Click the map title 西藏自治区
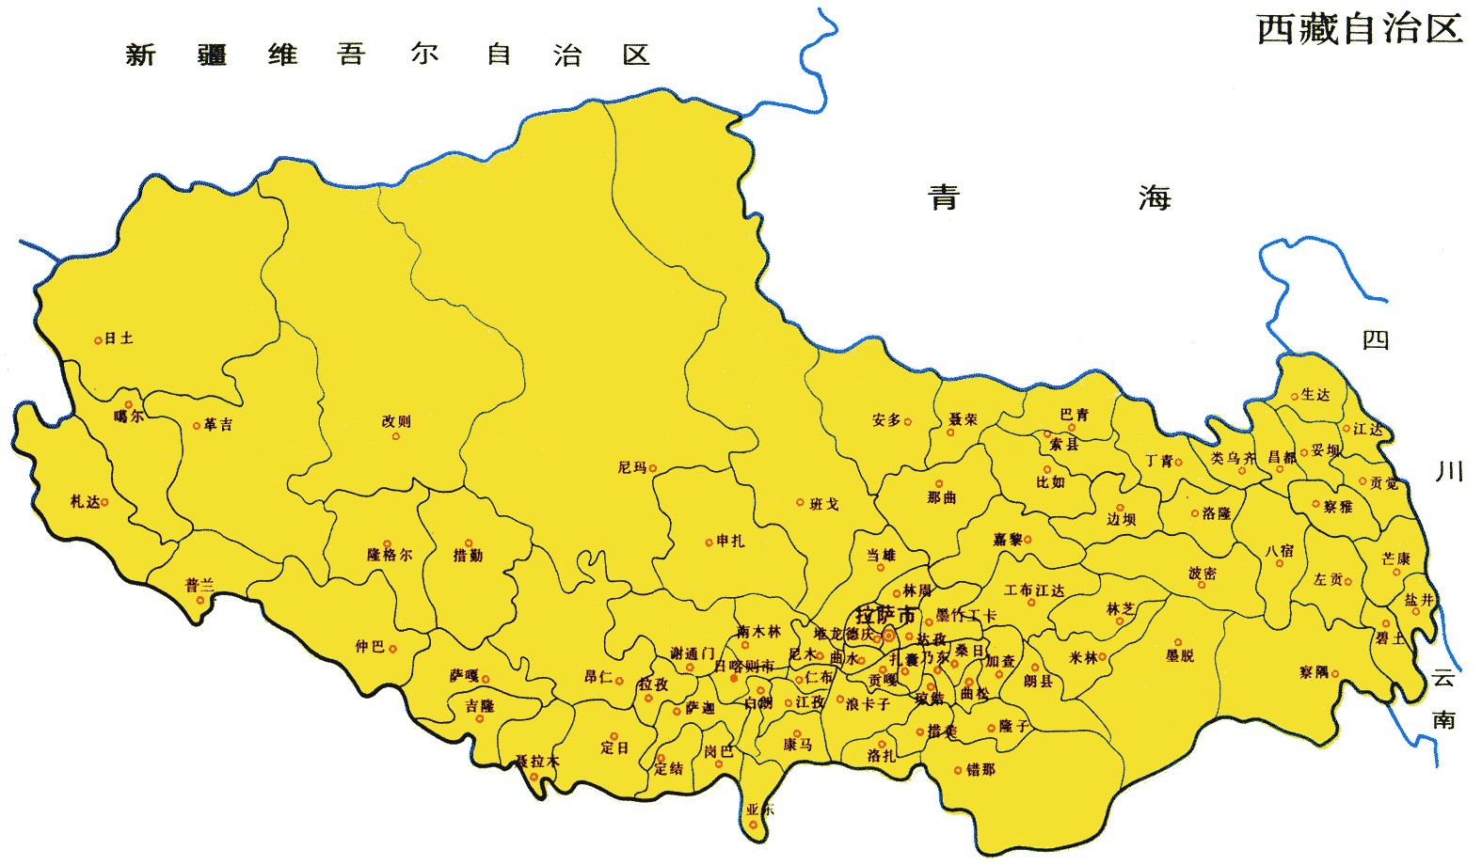click(1359, 29)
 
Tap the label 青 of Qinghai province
click(944, 197)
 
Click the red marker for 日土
click(98, 340)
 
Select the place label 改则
click(396, 421)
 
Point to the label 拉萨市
click(885, 616)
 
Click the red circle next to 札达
click(104, 502)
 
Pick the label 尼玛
click(631, 467)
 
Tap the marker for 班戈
click(801, 503)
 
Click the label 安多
click(885, 420)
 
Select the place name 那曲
click(941, 497)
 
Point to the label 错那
click(980, 769)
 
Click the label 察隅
click(1314, 672)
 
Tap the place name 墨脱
click(1180, 655)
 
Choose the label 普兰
click(199, 585)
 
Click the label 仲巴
click(369, 647)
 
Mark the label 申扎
click(730, 541)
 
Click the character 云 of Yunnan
click(1443, 678)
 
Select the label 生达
click(1315, 395)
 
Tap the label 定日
click(614, 748)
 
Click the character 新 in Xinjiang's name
click(140, 55)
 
